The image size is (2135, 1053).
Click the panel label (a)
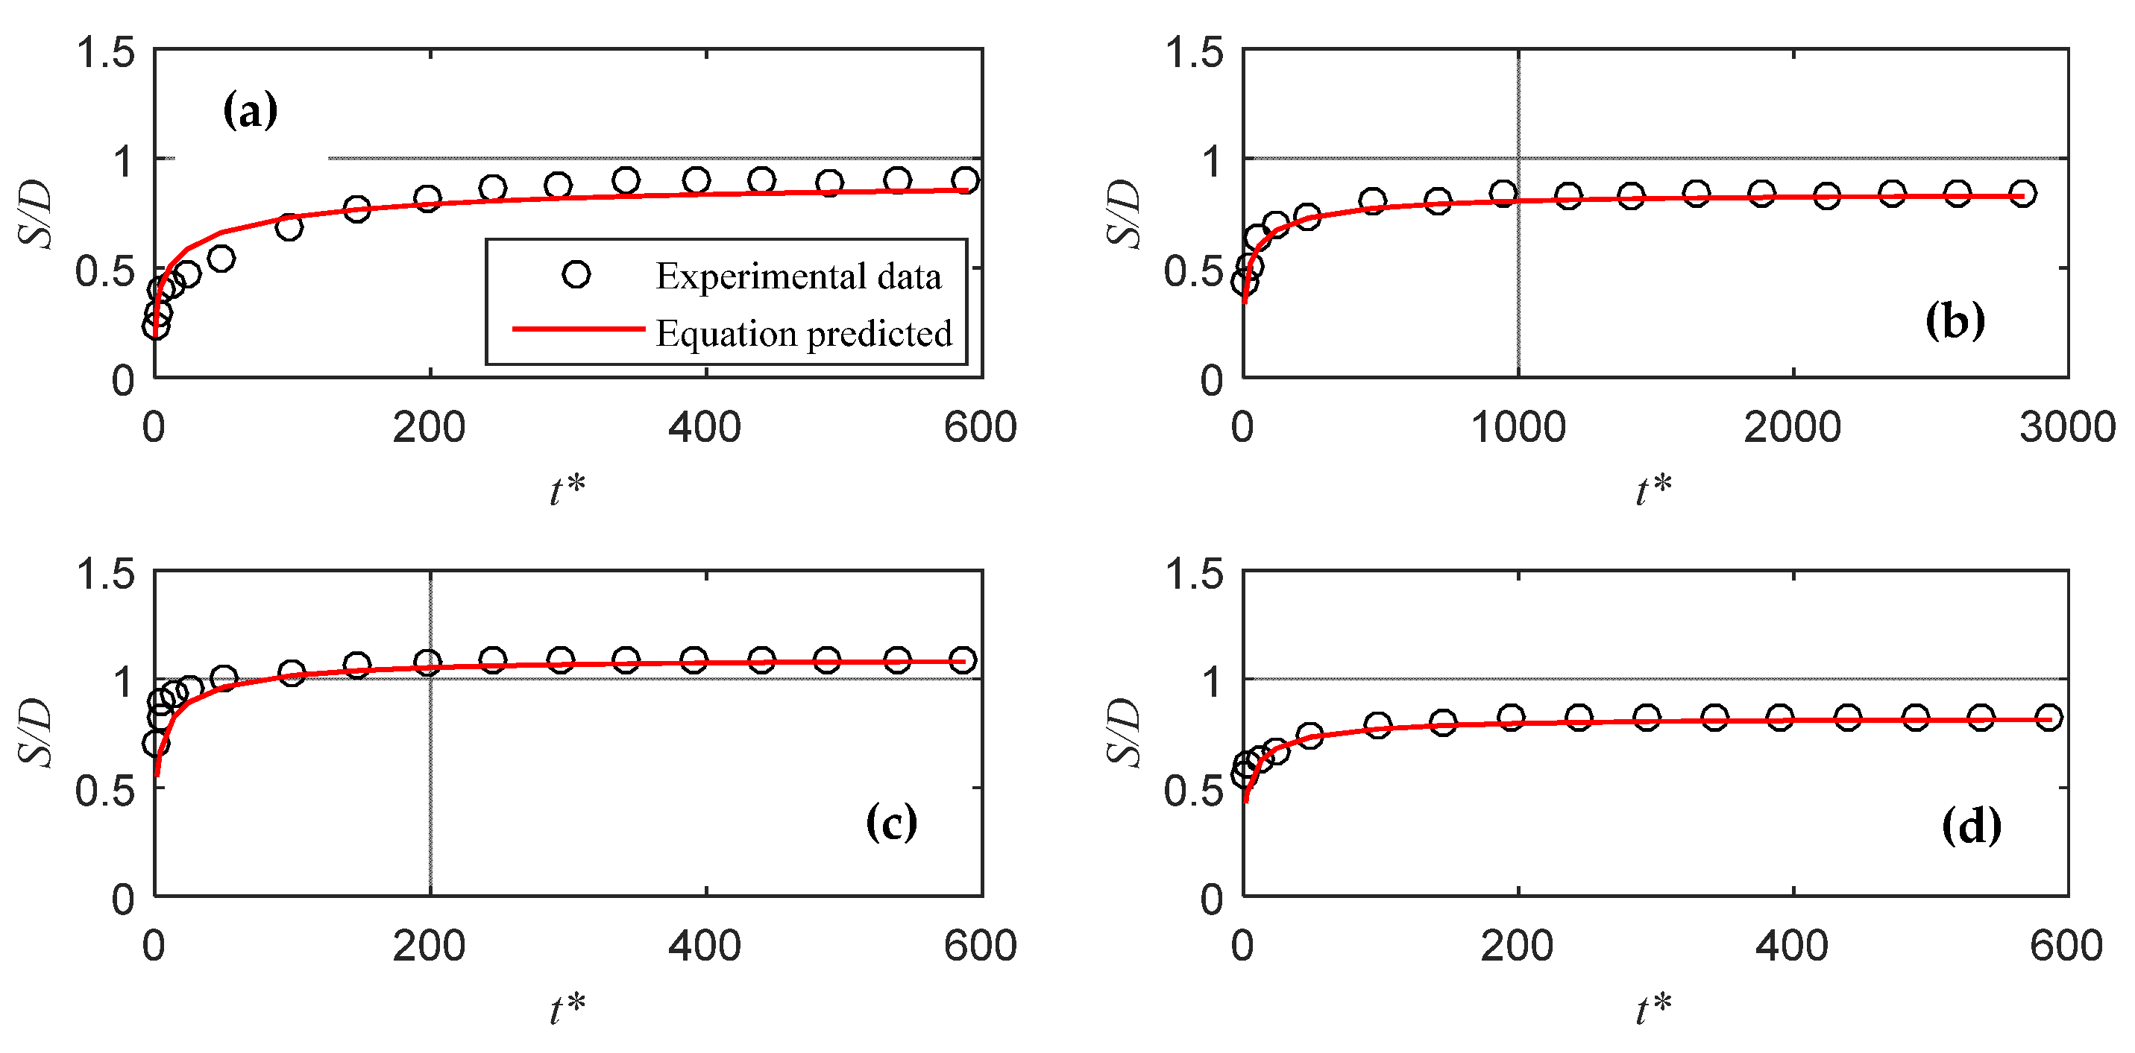(x=250, y=110)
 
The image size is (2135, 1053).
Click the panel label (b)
(x=1955, y=320)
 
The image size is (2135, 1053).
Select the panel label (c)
(x=891, y=823)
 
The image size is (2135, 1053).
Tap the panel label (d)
(x=1971, y=826)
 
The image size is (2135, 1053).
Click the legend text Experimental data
(x=798, y=276)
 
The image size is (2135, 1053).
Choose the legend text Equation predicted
(x=804, y=334)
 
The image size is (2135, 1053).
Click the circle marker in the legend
(x=576, y=274)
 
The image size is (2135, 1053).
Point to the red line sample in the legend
(x=579, y=329)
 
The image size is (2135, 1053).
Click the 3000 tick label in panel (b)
(x=2067, y=429)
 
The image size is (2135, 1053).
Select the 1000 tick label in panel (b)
(x=1518, y=429)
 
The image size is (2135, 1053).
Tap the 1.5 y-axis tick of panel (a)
(x=105, y=53)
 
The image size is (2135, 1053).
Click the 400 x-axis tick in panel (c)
(x=705, y=946)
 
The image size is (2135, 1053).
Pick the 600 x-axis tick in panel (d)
(x=2066, y=946)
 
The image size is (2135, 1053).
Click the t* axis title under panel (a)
(x=567, y=490)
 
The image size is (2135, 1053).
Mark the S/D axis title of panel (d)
(x=1125, y=733)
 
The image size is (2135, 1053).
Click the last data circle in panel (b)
(x=2022, y=195)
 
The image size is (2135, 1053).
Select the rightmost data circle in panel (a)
(x=965, y=180)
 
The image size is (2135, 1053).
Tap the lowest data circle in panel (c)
(x=156, y=743)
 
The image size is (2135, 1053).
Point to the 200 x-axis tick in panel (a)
(x=429, y=429)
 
